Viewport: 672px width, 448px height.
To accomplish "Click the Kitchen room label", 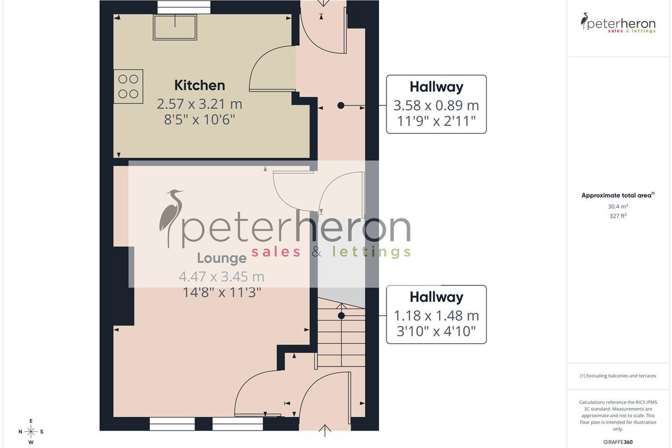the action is (x=199, y=85).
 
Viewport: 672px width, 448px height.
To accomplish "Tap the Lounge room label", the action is (x=222, y=258).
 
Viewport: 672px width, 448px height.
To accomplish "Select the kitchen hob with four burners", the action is (x=128, y=86).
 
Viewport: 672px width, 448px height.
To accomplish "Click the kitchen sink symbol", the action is (x=175, y=27).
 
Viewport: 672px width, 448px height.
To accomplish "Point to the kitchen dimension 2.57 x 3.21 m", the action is (x=199, y=104).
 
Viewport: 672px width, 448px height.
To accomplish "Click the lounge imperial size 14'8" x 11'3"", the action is (x=222, y=292).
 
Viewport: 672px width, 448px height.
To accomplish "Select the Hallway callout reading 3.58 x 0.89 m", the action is (x=436, y=104).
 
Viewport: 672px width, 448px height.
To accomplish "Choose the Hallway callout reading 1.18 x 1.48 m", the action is (x=436, y=314).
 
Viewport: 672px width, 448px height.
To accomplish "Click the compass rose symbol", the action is (x=31, y=432).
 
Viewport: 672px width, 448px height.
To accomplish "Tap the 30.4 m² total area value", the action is (x=618, y=207).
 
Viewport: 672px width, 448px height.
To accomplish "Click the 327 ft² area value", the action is (x=618, y=216).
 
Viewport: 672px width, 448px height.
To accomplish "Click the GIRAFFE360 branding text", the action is (x=618, y=442).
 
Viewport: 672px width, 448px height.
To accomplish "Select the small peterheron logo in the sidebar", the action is (x=618, y=23).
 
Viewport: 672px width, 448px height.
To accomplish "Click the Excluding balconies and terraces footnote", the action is (x=618, y=376).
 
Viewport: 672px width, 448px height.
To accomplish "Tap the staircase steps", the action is (x=341, y=332).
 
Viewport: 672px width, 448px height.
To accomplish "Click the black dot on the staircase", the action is (x=341, y=316).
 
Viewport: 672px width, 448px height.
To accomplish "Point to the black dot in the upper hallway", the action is (x=341, y=105).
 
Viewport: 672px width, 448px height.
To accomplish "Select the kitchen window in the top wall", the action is (x=184, y=7).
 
